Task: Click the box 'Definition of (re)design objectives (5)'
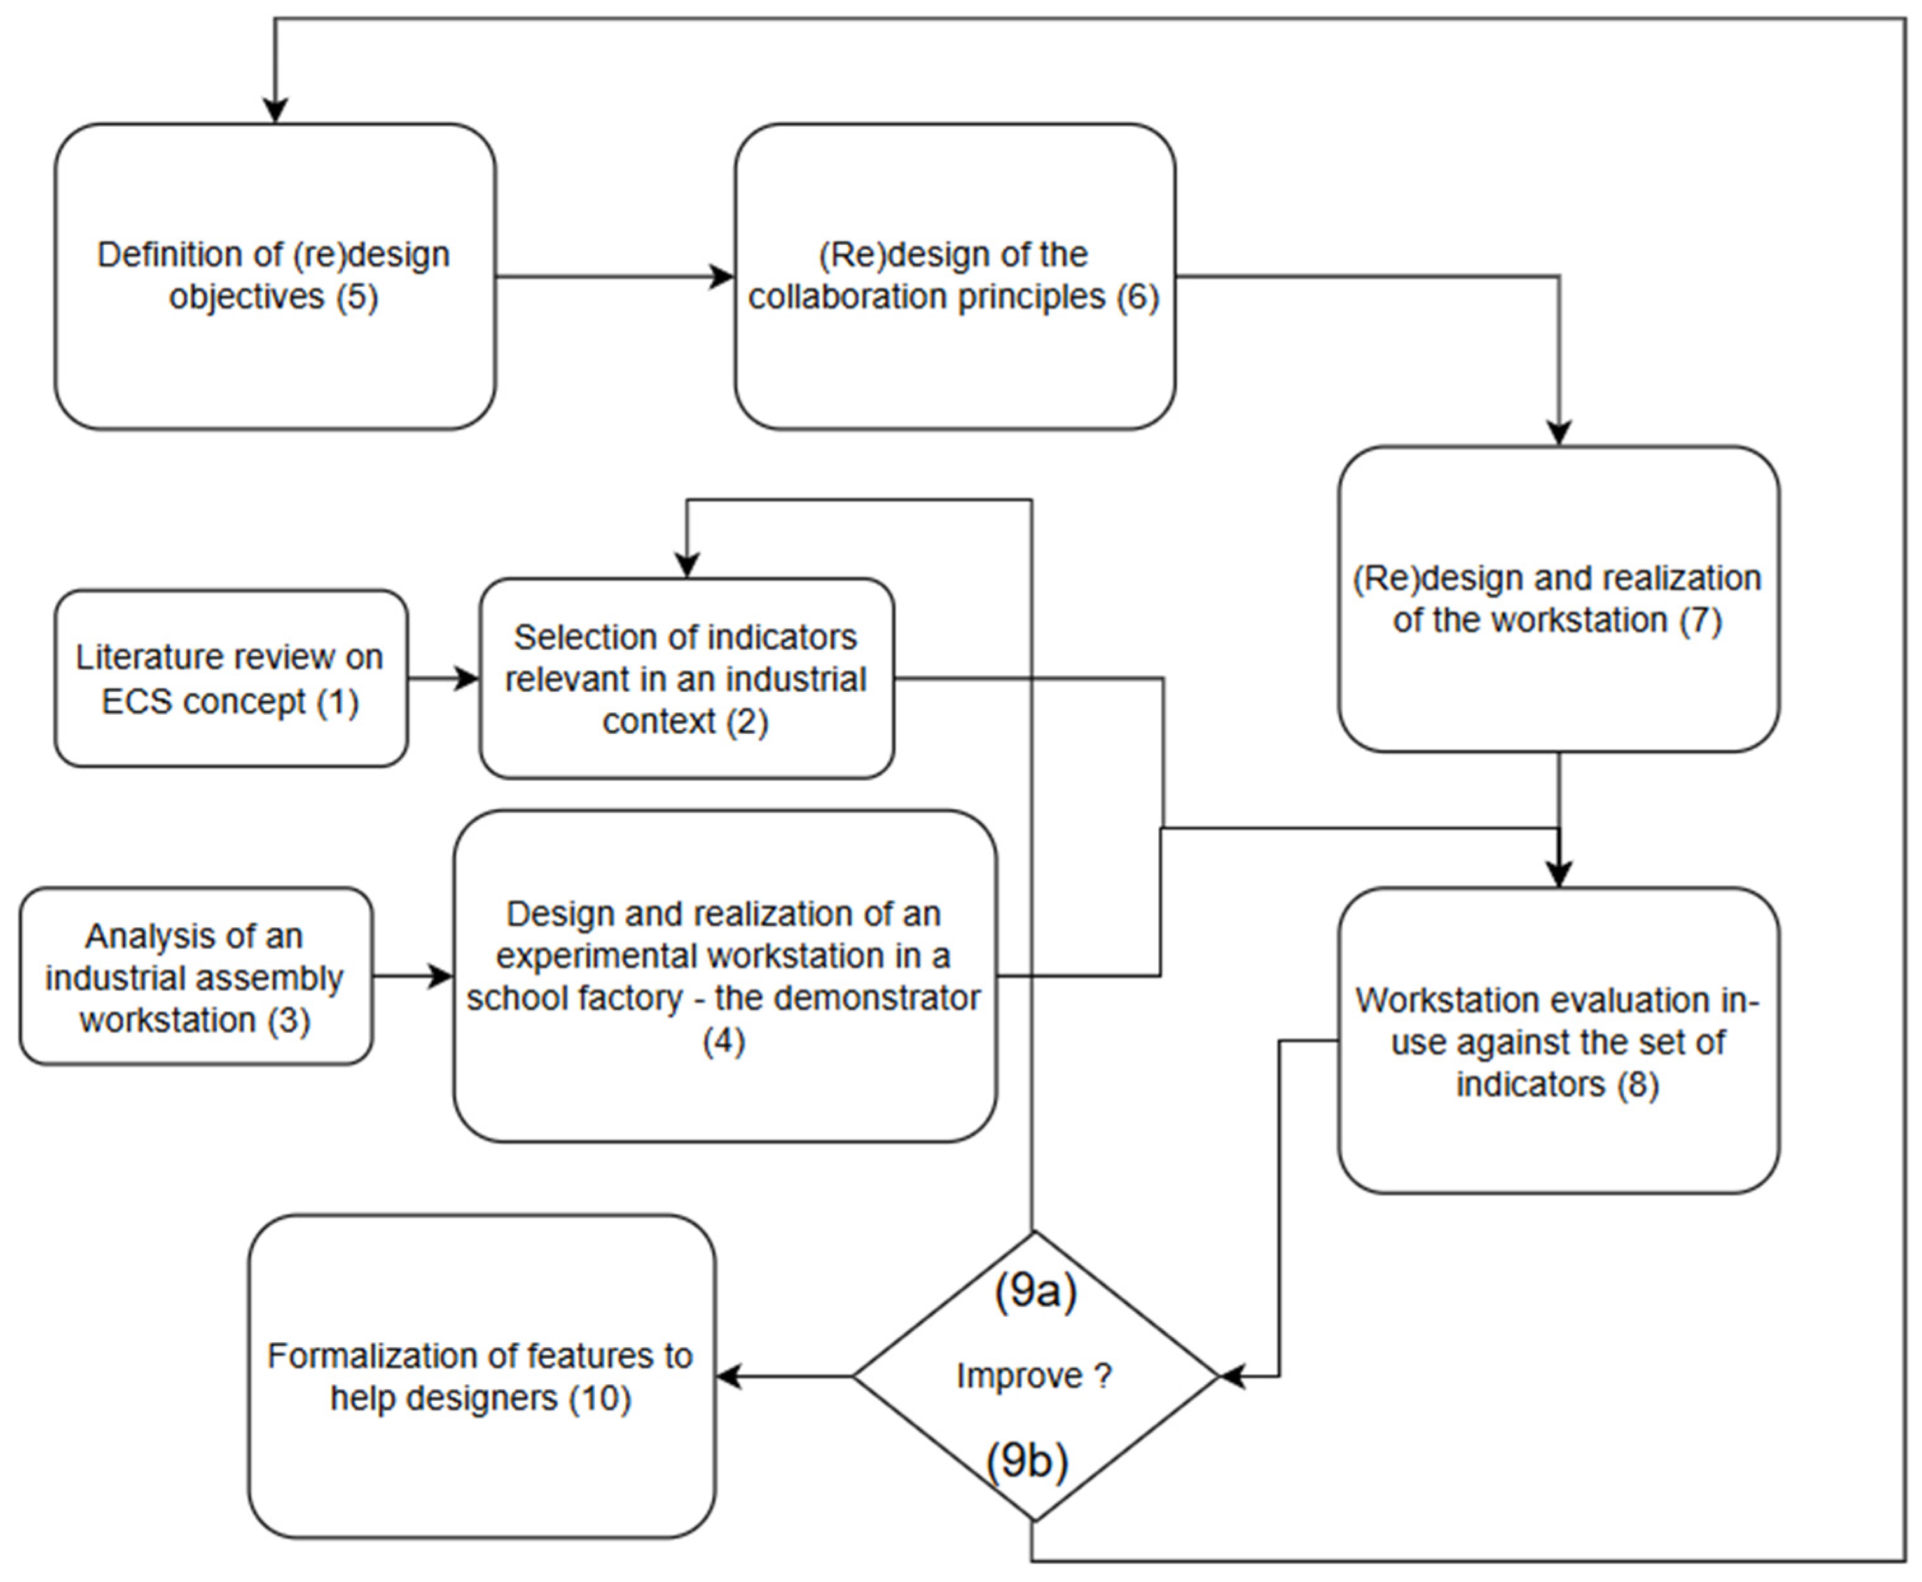coord(274,276)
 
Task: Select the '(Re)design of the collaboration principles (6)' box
coord(954,276)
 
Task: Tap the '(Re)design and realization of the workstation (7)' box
coord(1558,599)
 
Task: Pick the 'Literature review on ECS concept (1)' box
coord(231,678)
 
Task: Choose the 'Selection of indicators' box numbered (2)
coord(686,678)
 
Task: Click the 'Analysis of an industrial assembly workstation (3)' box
coord(196,976)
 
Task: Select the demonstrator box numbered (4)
coord(724,976)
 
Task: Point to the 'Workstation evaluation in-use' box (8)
coord(1558,1041)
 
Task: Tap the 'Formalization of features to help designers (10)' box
coord(481,1376)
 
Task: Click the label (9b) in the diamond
coord(1027,1460)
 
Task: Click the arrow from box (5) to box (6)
coord(615,276)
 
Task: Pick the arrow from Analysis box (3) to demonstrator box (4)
coord(413,976)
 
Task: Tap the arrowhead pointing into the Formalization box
coord(729,1376)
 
